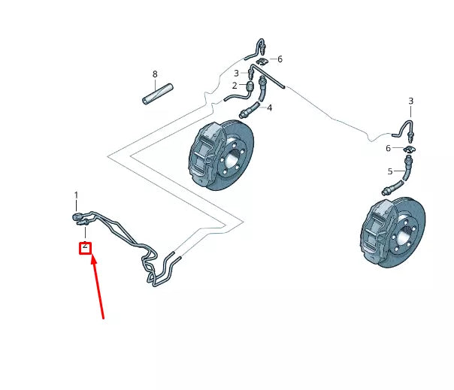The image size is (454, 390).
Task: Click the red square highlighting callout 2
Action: [x=86, y=246]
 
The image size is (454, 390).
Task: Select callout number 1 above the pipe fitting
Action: [x=76, y=195]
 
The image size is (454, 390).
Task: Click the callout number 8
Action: [x=155, y=74]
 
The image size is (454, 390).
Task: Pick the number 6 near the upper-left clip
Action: [x=280, y=59]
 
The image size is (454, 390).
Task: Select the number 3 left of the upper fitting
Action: [x=235, y=73]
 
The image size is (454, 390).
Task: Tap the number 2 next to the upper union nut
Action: [x=235, y=86]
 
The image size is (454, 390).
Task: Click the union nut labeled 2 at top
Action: [x=250, y=84]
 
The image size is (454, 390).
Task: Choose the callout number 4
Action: [x=269, y=107]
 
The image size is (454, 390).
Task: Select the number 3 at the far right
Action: [x=410, y=101]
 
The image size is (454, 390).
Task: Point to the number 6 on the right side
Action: [x=389, y=148]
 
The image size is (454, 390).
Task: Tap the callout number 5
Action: [x=390, y=171]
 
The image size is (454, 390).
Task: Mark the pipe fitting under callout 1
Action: [x=77, y=217]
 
